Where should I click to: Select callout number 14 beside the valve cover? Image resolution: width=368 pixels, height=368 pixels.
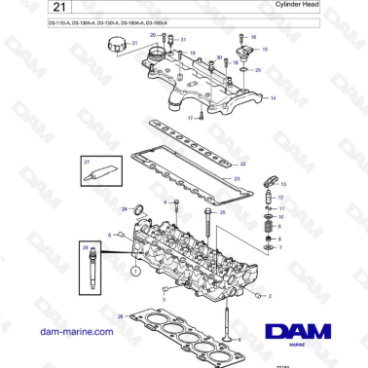tap(273, 99)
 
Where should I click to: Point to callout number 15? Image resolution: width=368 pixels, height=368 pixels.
tap(264, 48)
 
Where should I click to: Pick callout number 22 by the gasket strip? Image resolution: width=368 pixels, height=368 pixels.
tap(243, 164)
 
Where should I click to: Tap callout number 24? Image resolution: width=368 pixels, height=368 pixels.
tap(124, 209)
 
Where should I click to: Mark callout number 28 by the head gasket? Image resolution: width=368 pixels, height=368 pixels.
tap(120, 317)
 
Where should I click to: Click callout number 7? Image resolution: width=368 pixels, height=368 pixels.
tap(280, 248)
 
